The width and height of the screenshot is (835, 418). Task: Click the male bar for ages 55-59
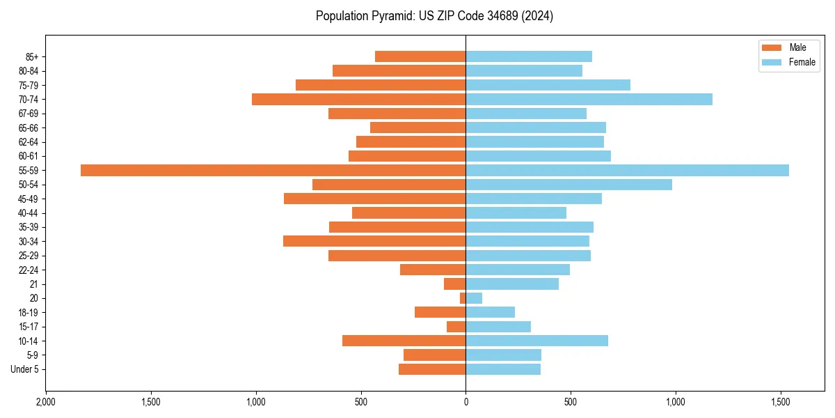(x=273, y=171)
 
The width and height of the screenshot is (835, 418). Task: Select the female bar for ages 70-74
(x=589, y=100)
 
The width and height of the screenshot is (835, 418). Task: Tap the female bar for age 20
(x=474, y=298)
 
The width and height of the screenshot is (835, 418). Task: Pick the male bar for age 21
(x=455, y=284)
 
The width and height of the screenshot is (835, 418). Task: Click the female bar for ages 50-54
(x=568, y=185)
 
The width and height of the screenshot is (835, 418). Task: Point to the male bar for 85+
(x=420, y=56)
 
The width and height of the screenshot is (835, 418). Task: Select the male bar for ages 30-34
(x=374, y=241)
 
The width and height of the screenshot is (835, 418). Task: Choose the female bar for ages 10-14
(x=536, y=341)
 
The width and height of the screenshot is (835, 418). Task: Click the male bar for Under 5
(x=432, y=369)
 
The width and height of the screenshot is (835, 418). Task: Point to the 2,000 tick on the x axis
(x=46, y=402)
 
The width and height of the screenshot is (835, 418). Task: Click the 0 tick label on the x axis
(x=466, y=402)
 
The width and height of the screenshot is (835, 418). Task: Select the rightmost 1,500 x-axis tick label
(x=781, y=402)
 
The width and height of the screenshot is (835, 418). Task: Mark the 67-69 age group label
(x=28, y=114)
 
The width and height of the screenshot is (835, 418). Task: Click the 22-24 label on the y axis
(x=28, y=270)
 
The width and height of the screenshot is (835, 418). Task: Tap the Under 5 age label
(x=24, y=369)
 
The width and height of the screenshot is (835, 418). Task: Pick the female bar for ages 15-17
(x=498, y=327)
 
